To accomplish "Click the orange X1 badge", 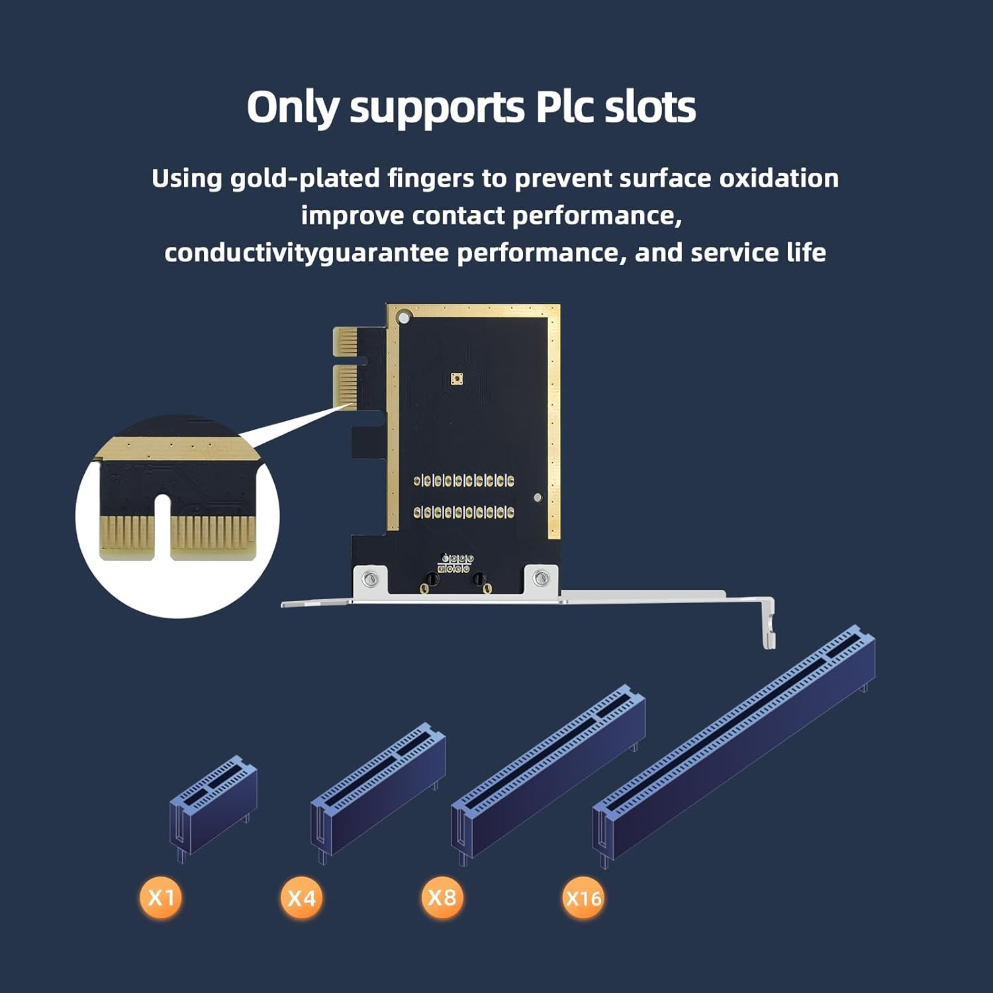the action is click(x=161, y=898).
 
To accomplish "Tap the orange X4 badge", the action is click(x=302, y=898).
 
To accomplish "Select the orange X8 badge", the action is click(x=442, y=897).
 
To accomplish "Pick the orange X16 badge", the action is click(x=583, y=898).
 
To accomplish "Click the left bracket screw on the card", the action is click(x=371, y=579).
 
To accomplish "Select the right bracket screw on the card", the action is click(x=542, y=579).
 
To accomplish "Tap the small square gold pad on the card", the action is click(x=456, y=379).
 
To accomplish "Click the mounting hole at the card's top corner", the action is click(x=403, y=319).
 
